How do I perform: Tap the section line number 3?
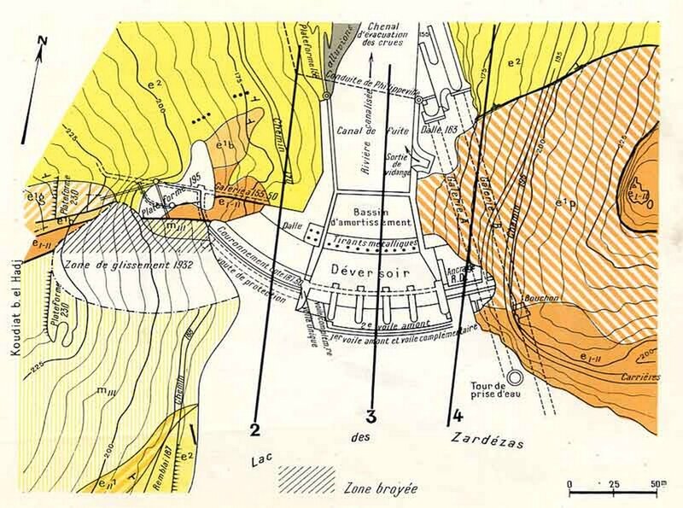(x=371, y=417)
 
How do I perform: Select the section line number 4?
(x=458, y=417)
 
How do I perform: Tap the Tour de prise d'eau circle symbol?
(x=514, y=376)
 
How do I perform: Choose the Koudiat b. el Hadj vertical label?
(x=12, y=295)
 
